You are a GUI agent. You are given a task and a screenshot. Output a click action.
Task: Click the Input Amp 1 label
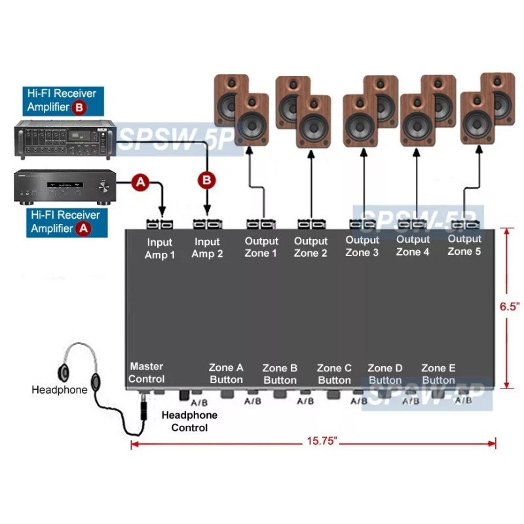coord(160,249)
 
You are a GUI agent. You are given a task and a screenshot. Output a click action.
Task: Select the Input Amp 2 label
coord(207,248)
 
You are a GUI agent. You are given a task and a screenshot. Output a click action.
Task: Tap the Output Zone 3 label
coord(362,246)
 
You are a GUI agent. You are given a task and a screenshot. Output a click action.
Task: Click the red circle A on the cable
coord(140,183)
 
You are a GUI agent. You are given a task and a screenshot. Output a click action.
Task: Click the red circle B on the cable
coord(207,179)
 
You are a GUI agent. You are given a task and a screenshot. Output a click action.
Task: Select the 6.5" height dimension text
coord(509,307)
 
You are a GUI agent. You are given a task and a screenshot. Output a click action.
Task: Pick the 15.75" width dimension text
coord(321,442)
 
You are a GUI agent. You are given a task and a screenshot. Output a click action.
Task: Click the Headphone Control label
coord(189,421)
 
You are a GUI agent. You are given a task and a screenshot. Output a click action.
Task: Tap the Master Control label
coord(147,372)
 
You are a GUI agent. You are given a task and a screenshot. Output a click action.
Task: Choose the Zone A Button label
coord(226,374)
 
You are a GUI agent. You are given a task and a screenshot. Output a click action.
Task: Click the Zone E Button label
coord(438,374)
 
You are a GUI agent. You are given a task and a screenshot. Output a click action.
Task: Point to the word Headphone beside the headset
coord(60,390)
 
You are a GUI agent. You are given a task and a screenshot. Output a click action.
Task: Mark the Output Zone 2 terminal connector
coord(310,225)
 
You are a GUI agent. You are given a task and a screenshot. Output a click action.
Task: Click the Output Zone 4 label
coord(413,246)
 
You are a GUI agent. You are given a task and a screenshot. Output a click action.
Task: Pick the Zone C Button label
coord(334,374)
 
